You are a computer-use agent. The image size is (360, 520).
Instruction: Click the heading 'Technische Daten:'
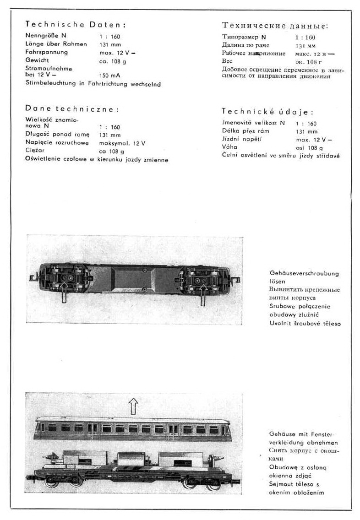click(x=75, y=24)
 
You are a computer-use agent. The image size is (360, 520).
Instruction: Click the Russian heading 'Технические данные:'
click(x=275, y=26)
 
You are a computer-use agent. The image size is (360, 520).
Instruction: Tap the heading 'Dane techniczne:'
click(x=72, y=109)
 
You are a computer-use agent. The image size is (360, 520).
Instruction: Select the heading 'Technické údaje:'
click(x=268, y=111)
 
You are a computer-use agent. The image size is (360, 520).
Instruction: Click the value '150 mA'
click(x=109, y=76)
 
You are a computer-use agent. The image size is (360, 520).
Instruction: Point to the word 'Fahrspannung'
click(x=47, y=52)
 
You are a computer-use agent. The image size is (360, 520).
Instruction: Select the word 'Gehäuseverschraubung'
click(x=304, y=273)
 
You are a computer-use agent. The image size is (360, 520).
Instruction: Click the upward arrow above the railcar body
click(x=133, y=406)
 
